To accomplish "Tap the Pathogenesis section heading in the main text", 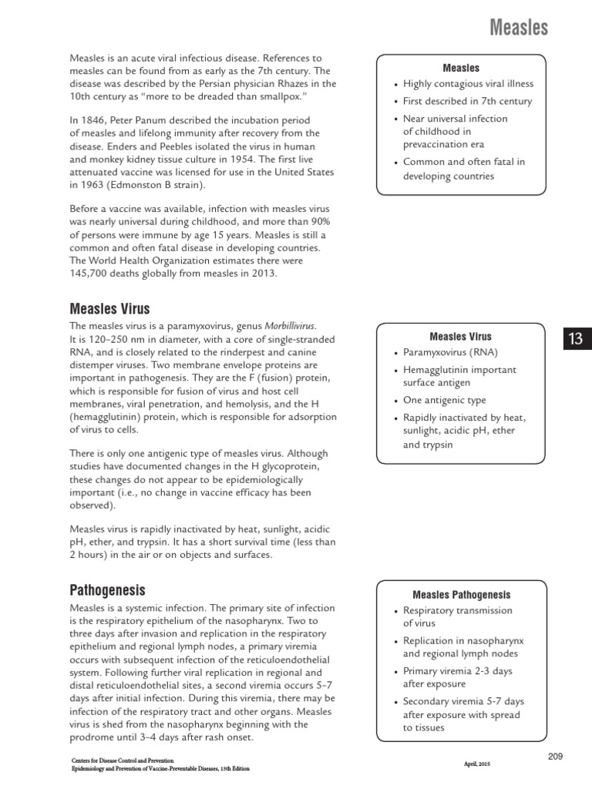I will tap(107, 590).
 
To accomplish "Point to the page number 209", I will tap(556, 757).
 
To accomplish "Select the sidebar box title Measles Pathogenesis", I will tap(461, 595).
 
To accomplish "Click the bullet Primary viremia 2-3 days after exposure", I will tap(457, 677).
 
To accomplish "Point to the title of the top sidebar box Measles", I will tap(461, 68).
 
